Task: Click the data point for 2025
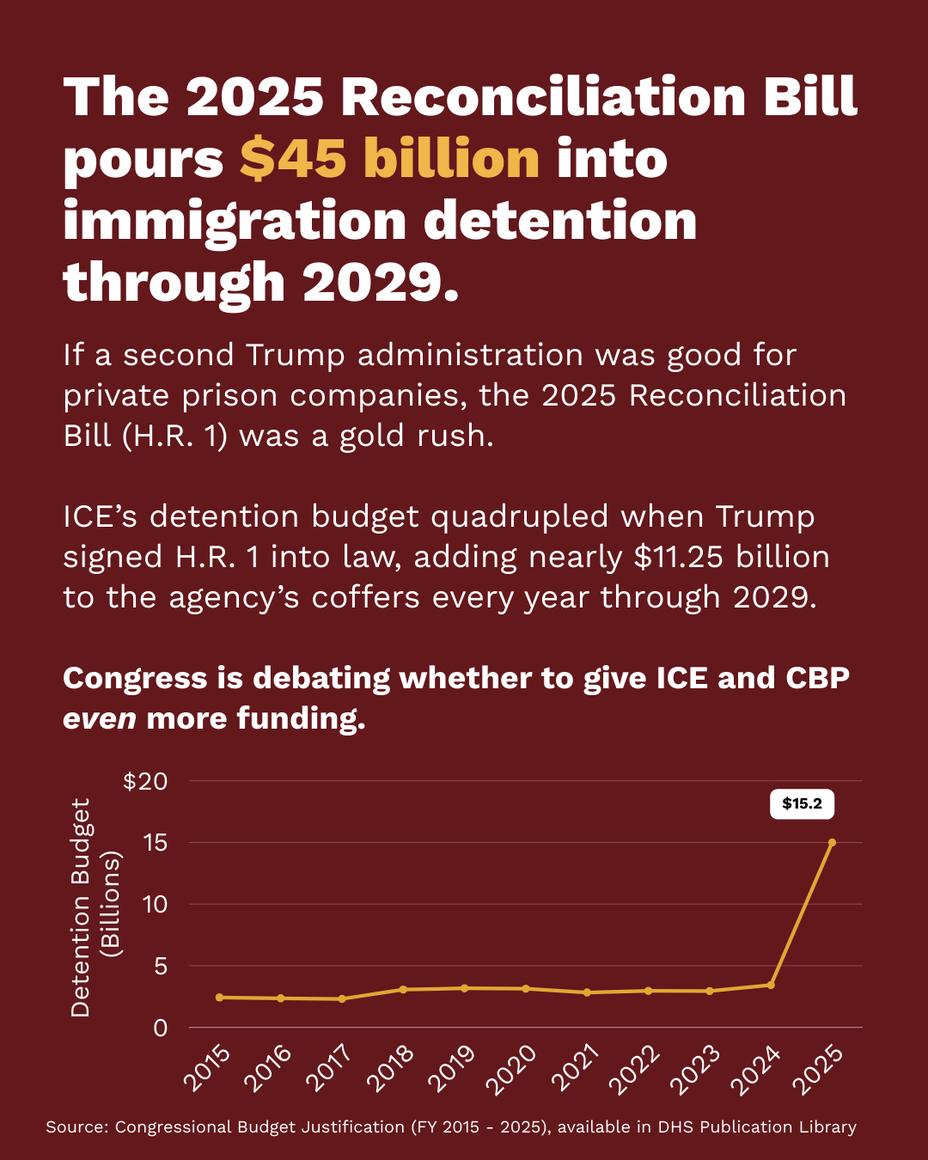pyautogui.click(x=832, y=842)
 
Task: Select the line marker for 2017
pyautogui.click(x=342, y=998)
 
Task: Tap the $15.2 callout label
pyautogui.click(x=802, y=804)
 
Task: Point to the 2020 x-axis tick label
pyautogui.click(x=511, y=1069)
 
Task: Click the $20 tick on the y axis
pyautogui.click(x=145, y=781)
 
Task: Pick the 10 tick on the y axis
pyautogui.click(x=155, y=904)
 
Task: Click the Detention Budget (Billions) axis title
pyautogui.click(x=95, y=907)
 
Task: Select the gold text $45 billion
pyautogui.click(x=389, y=159)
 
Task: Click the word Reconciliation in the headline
pyautogui.click(x=544, y=96)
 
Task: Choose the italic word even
pyautogui.click(x=100, y=718)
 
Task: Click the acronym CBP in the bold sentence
pyautogui.click(x=817, y=678)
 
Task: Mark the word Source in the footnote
pyautogui.click(x=76, y=1126)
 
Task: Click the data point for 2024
pyautogui.click(x=771, y=985)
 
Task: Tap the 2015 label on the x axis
pyautogui.click(x=207, y=1069)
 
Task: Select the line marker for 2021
pyautogui.click(x=587, y=992)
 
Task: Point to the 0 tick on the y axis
pyautogui.click(x=160, y=1028)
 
